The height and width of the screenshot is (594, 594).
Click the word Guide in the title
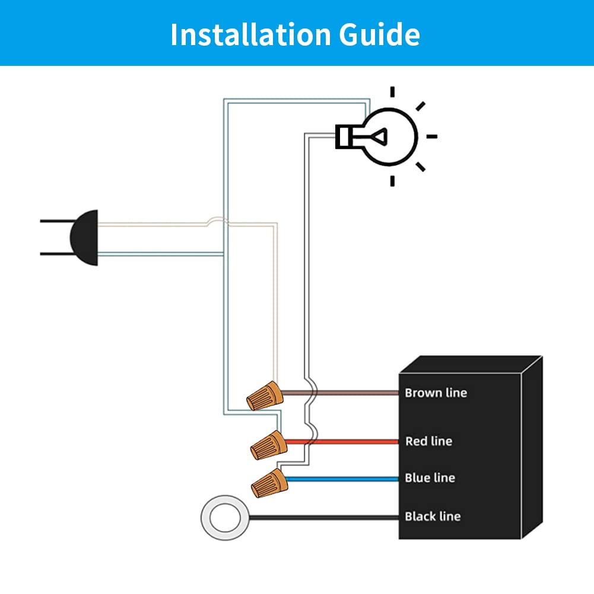[x=380, y=34]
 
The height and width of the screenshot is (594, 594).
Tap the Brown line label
[x=436, y=393]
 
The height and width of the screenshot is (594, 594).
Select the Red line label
[x=428, y=441]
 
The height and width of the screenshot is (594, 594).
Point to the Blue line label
[x=430, y=478]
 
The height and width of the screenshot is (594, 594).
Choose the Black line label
[x=433, y=516]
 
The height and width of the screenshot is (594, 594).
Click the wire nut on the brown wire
[x=265, y=396]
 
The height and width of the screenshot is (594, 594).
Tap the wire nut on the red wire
[x=269, y=445]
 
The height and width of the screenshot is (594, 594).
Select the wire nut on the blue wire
[x=270, y=483]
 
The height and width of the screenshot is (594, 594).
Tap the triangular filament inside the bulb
[x=379, y=136]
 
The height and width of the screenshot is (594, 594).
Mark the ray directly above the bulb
[x=392, y=91]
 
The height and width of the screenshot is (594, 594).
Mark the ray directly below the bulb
[x=392, y=181]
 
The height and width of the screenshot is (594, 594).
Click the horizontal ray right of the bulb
[x=432, y=136]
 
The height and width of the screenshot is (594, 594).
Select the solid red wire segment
[x=342, y=441]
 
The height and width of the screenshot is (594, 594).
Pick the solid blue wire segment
[x=342, y=479]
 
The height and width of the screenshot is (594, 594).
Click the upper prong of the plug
[x=57, y=221]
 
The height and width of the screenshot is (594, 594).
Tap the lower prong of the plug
[x=56, y=253]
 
